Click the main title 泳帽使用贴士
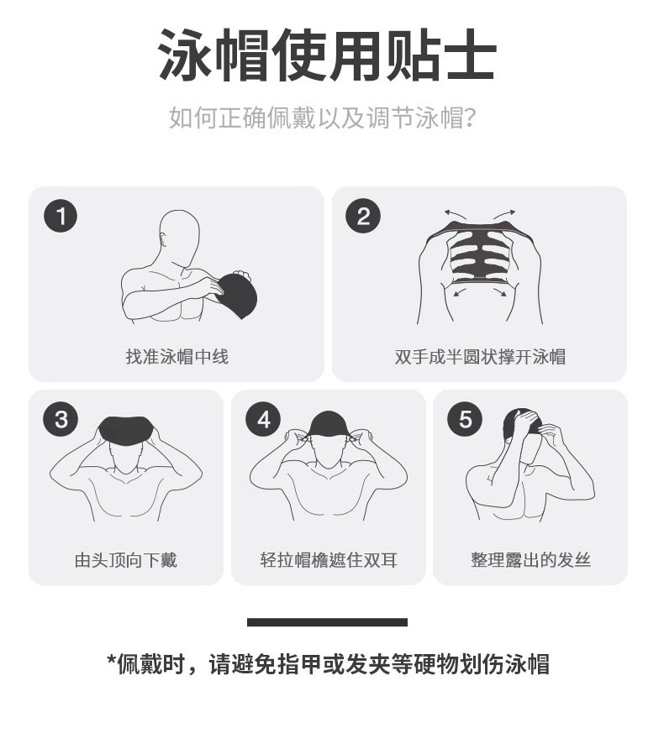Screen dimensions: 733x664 (x=327, y=56)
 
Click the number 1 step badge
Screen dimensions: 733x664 (x=61, y=217)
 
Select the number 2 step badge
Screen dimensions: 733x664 (x=363, y=217)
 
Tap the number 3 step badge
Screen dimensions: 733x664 (x=61, y=419)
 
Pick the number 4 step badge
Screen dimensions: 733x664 (x=263, y=419)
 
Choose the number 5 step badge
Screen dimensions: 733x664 (x=465, y=419)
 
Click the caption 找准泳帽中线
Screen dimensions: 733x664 (x=177, y=357)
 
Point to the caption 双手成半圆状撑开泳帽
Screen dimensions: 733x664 (x=480, y=357)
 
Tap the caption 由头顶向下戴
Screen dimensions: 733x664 (x=126, y=560)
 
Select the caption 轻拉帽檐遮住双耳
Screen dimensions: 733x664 (x=329, y=560)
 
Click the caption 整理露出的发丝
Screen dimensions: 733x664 (x=530, y=560)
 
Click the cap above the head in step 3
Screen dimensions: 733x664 (x=126, y=429)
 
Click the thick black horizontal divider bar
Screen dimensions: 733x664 (x=327, y=622)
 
